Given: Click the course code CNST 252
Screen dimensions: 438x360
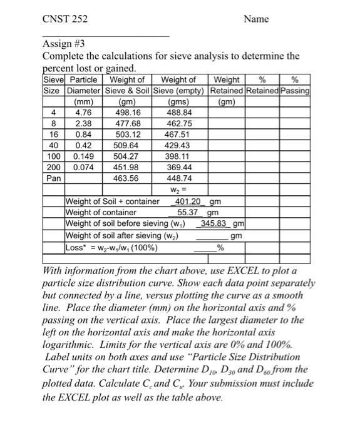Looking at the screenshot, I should click(65, 19).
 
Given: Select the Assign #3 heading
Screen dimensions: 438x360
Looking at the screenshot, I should click(63, 44).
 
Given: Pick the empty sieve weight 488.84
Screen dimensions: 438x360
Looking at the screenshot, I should click(179, 113).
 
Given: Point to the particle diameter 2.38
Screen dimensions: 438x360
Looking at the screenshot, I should click(83, 124).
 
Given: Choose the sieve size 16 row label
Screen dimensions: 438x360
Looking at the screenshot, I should click(54, 135).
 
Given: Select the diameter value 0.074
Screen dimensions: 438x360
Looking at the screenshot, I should click(83, 168).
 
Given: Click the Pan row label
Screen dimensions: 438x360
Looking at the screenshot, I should click(53, 178).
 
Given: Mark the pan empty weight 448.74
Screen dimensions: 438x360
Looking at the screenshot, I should click(179, 178).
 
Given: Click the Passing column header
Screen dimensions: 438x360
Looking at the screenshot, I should click(296, 91).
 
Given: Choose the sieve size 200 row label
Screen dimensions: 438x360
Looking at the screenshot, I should click(53, 168).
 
